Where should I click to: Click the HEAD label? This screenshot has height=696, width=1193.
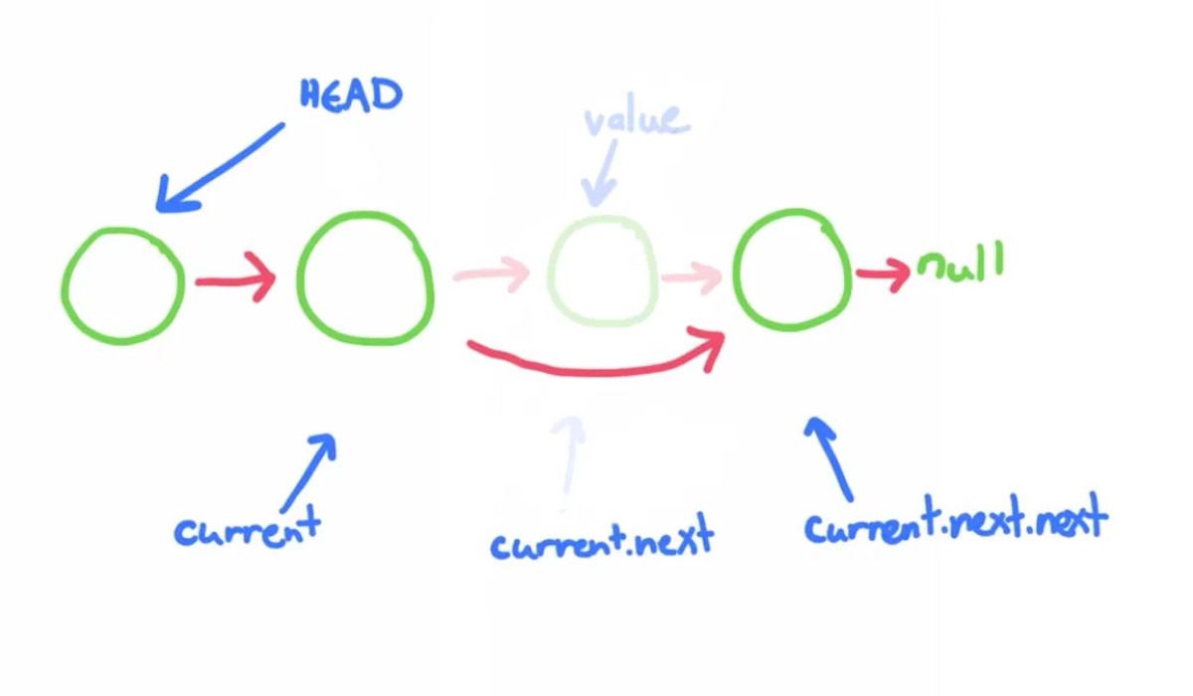351,95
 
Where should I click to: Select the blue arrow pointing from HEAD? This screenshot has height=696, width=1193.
221,167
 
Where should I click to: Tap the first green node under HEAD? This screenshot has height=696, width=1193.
123,285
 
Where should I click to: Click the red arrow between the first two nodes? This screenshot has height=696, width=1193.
235,282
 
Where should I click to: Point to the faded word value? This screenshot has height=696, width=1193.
635,119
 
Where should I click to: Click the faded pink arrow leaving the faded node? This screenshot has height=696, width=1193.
692,275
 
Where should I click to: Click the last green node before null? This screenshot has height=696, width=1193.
792,271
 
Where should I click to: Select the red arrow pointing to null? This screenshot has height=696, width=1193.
883,272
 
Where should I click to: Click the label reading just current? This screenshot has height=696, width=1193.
248,527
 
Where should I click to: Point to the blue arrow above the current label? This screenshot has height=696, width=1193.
308,471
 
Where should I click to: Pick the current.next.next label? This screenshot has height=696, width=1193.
954,522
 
